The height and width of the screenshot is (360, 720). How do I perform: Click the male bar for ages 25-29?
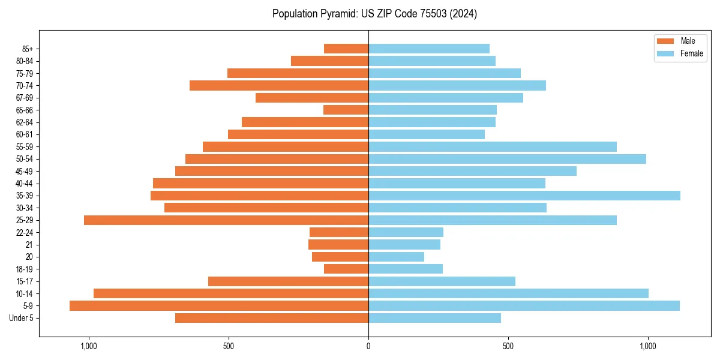pos(226,220)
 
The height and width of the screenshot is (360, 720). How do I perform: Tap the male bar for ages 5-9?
pos(219,306)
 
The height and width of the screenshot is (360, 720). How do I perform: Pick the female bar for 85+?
pos(429,49)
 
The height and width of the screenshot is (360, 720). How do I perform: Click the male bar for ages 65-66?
pos(346,110)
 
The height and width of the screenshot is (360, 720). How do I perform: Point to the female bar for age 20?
pos(396,257)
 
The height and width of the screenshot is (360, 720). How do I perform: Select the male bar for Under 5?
pos(272,318)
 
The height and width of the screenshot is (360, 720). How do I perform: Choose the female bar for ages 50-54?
pos(507,159)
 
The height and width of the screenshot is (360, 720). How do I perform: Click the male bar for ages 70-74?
pos(279,85)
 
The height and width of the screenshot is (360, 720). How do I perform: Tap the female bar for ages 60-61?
pos(427,134)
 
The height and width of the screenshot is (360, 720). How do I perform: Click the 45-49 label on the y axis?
pos(25,171)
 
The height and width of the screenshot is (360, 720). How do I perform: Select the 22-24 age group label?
pos(25,232)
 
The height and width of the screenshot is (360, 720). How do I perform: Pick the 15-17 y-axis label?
pos(25,281)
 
